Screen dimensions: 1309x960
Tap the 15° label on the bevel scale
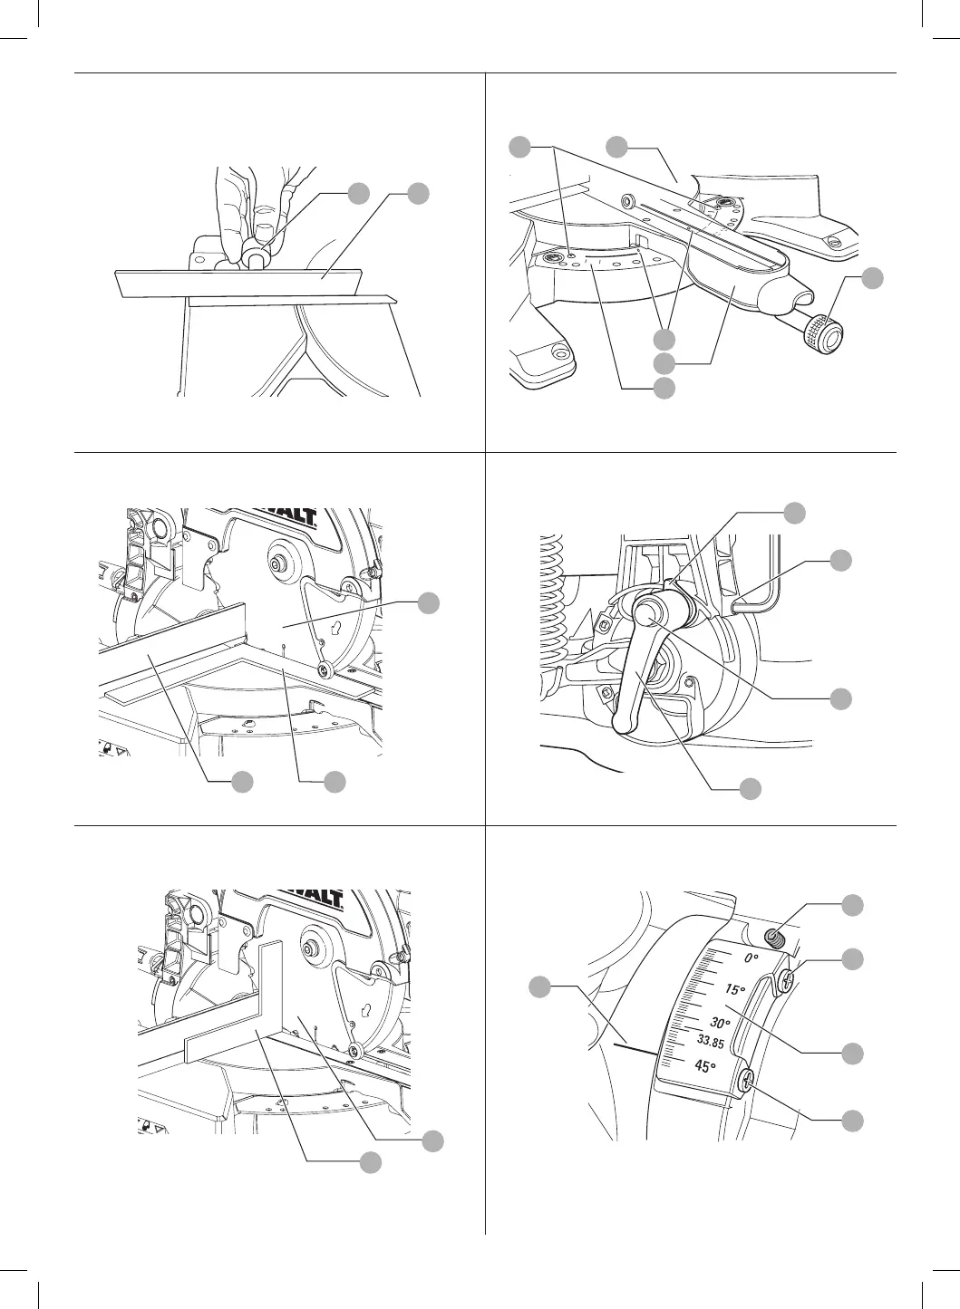[x=733, y=990]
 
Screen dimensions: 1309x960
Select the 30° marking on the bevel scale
[x=720, y=1023]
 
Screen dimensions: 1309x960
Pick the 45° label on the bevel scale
[x=705, y=1066]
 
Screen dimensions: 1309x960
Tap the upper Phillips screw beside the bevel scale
[x=786, y=978]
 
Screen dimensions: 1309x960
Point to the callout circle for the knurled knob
[x=871, y=279]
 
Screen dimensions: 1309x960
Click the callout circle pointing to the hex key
[x=841, y=560]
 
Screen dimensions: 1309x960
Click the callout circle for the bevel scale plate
[x=852, y=1053]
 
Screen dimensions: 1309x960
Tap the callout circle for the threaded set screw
[x=852, y=905]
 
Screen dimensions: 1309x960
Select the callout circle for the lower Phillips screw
[x=852, y=1121]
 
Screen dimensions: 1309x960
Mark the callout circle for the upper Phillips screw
[x=852, y=959]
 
